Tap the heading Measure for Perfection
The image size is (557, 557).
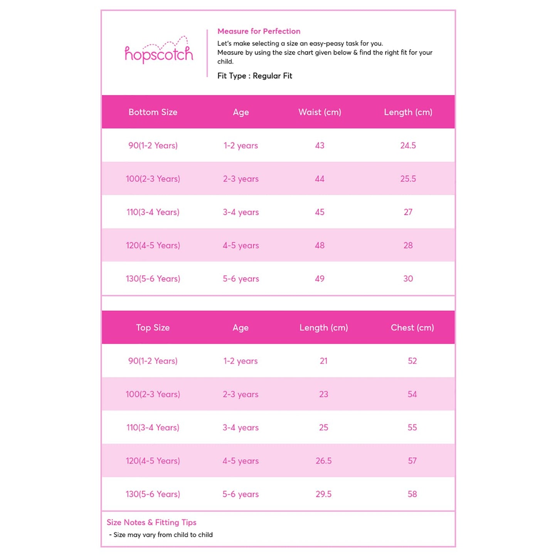pos(259,31)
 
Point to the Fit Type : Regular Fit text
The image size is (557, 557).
pos(255,76)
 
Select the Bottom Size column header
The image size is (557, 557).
pos(153,112)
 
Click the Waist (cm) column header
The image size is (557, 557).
pos(320,112)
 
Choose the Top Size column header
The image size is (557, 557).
pos(153,328)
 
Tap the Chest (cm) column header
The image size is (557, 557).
pos(412,328)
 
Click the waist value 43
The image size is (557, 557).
pos(320,146)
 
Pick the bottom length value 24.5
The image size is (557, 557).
pos(408,146)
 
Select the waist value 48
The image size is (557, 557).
pos(320,246)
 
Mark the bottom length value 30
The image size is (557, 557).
pos(408,279)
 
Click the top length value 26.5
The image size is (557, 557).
pos(323,461)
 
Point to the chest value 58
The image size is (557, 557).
pos(412,494)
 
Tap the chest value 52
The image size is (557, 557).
pos(412,361)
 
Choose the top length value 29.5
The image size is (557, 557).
pos(323,494)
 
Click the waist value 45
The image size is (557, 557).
pos(320,212)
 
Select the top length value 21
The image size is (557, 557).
pos(323,361)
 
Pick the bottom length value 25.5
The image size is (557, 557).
pos(408,179)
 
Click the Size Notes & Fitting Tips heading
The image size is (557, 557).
pos(151,523)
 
